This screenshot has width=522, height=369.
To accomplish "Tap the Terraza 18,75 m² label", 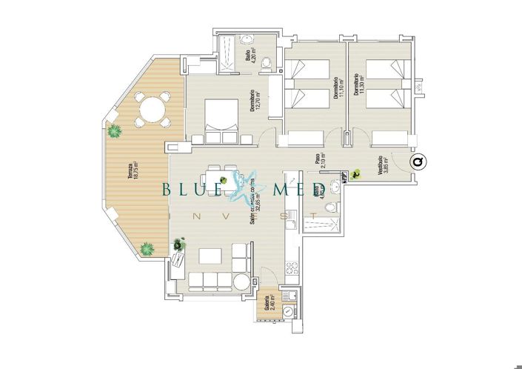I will click(131, 176).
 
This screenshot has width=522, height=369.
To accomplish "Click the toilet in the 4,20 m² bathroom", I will click(269, 61).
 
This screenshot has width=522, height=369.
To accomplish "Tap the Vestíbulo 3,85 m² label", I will click(380, 165).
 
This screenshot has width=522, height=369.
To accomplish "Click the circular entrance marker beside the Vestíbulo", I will click(418, 162).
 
